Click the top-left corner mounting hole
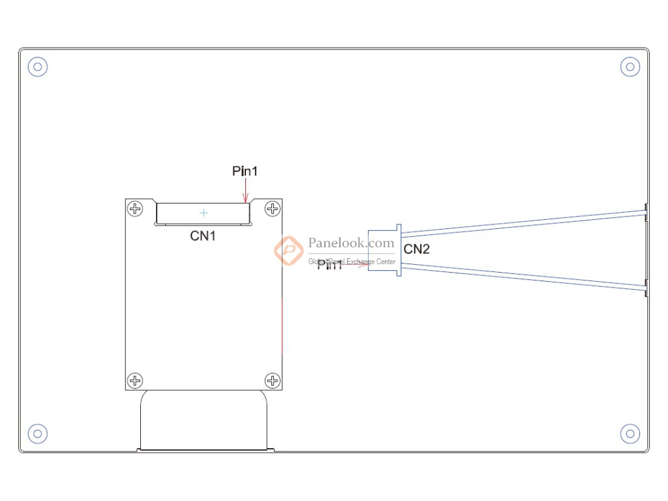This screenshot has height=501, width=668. (x=38, y=66)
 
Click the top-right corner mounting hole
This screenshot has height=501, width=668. (x=630, y=66)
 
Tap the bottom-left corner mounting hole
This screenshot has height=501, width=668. (x=38, y=433)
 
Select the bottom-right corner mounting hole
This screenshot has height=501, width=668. (x=630, y=433)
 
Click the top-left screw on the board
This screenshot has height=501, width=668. (x=135, y=209)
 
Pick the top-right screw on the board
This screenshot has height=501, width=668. (x=272, y=209)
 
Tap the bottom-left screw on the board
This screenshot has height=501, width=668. (x=135, y=380)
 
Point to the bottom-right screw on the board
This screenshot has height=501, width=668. (x=272, y=380)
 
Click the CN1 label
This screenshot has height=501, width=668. (x=203, y=235)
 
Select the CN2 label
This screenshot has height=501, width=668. (x=417, y=249)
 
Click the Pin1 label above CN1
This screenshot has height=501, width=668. (x=245, y=171)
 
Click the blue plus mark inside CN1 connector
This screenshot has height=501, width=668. (x=204, y=213)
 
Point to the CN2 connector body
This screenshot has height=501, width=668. (x=384, y=250)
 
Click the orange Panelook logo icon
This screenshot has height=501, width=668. (x=288, y=250)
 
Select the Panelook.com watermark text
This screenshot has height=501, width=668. (x=351, y=243)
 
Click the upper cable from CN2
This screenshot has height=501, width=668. (x=522, y=223)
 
